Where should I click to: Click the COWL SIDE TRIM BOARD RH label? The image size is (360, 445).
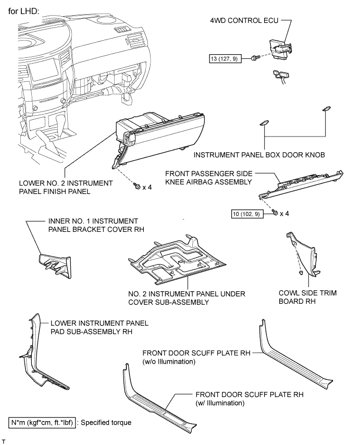(x=307, y=298)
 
